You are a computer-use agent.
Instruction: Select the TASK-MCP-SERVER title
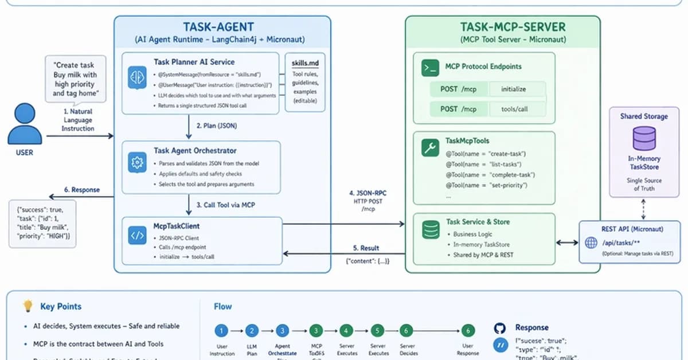(x=513, y=27)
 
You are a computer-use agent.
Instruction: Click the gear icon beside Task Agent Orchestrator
(x=137, y=162)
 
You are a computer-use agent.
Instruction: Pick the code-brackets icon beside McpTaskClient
(x=137, y=236)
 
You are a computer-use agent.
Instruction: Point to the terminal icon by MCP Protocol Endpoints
(x=429, y=67)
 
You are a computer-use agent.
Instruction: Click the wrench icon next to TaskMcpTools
(x=429, y=148)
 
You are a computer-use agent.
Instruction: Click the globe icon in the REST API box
(x=591, y=242)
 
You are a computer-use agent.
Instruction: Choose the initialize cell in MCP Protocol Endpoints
(x=513, y=89)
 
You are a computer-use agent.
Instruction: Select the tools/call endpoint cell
(x=514, y=109)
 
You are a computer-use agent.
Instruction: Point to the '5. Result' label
(x=366, y=248)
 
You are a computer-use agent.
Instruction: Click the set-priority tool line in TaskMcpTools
(x=486, y=185)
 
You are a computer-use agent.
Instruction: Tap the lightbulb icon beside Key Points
(x=27, y=306)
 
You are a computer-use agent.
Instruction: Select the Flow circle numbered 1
(x=221, y=331)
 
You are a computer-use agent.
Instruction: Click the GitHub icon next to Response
(x=499, y=328)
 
